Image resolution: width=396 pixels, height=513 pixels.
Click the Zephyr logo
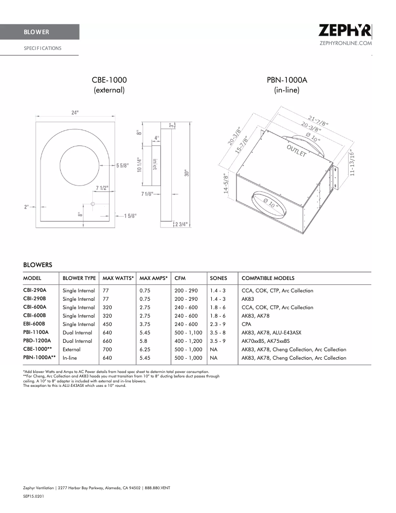click(345, 32)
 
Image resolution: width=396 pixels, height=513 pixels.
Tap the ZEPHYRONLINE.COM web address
click(346, 44)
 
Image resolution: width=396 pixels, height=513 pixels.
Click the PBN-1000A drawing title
click(287, 80)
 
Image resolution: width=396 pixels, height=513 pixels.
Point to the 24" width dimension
click(75, 113)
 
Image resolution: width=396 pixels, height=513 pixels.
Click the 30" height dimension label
click(187, 173)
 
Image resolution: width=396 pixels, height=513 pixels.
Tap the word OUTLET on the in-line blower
click(297, 151)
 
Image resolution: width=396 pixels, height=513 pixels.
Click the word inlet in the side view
click(155, 164)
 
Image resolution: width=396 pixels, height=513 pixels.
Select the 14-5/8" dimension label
click(226, 184)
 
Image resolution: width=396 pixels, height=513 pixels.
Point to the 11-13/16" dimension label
click(352, 163)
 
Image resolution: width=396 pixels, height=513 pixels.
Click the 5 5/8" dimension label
click(123, 166)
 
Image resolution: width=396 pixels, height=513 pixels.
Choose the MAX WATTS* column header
click(118, 279)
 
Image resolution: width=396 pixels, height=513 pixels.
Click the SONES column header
click(218, 279)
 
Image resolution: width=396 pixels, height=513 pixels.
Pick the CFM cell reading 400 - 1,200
click(188, 341)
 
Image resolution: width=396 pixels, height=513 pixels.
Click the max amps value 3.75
click(145, 324)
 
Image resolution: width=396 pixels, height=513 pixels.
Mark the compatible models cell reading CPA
click(246, 324)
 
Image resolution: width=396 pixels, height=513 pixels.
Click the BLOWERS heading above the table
click(38, 265)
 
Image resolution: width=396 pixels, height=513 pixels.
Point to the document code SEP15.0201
click(34, 495)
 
